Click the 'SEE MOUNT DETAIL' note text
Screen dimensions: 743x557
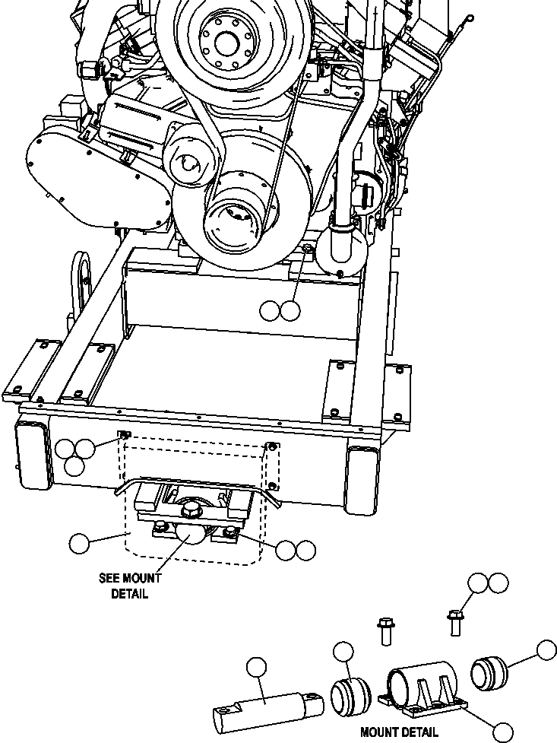(129, 586)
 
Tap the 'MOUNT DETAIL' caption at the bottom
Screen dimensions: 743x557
(399, 732)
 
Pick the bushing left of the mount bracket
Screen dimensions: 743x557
(350, 695)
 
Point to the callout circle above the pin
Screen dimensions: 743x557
(257, 668)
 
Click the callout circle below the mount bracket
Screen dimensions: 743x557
(502, 732)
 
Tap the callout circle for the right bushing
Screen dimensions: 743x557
(546, 650)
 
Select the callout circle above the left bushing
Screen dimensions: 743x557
(343, 651)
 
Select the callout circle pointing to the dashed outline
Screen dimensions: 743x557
(79, 543)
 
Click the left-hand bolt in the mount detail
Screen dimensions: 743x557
(384, 632)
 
